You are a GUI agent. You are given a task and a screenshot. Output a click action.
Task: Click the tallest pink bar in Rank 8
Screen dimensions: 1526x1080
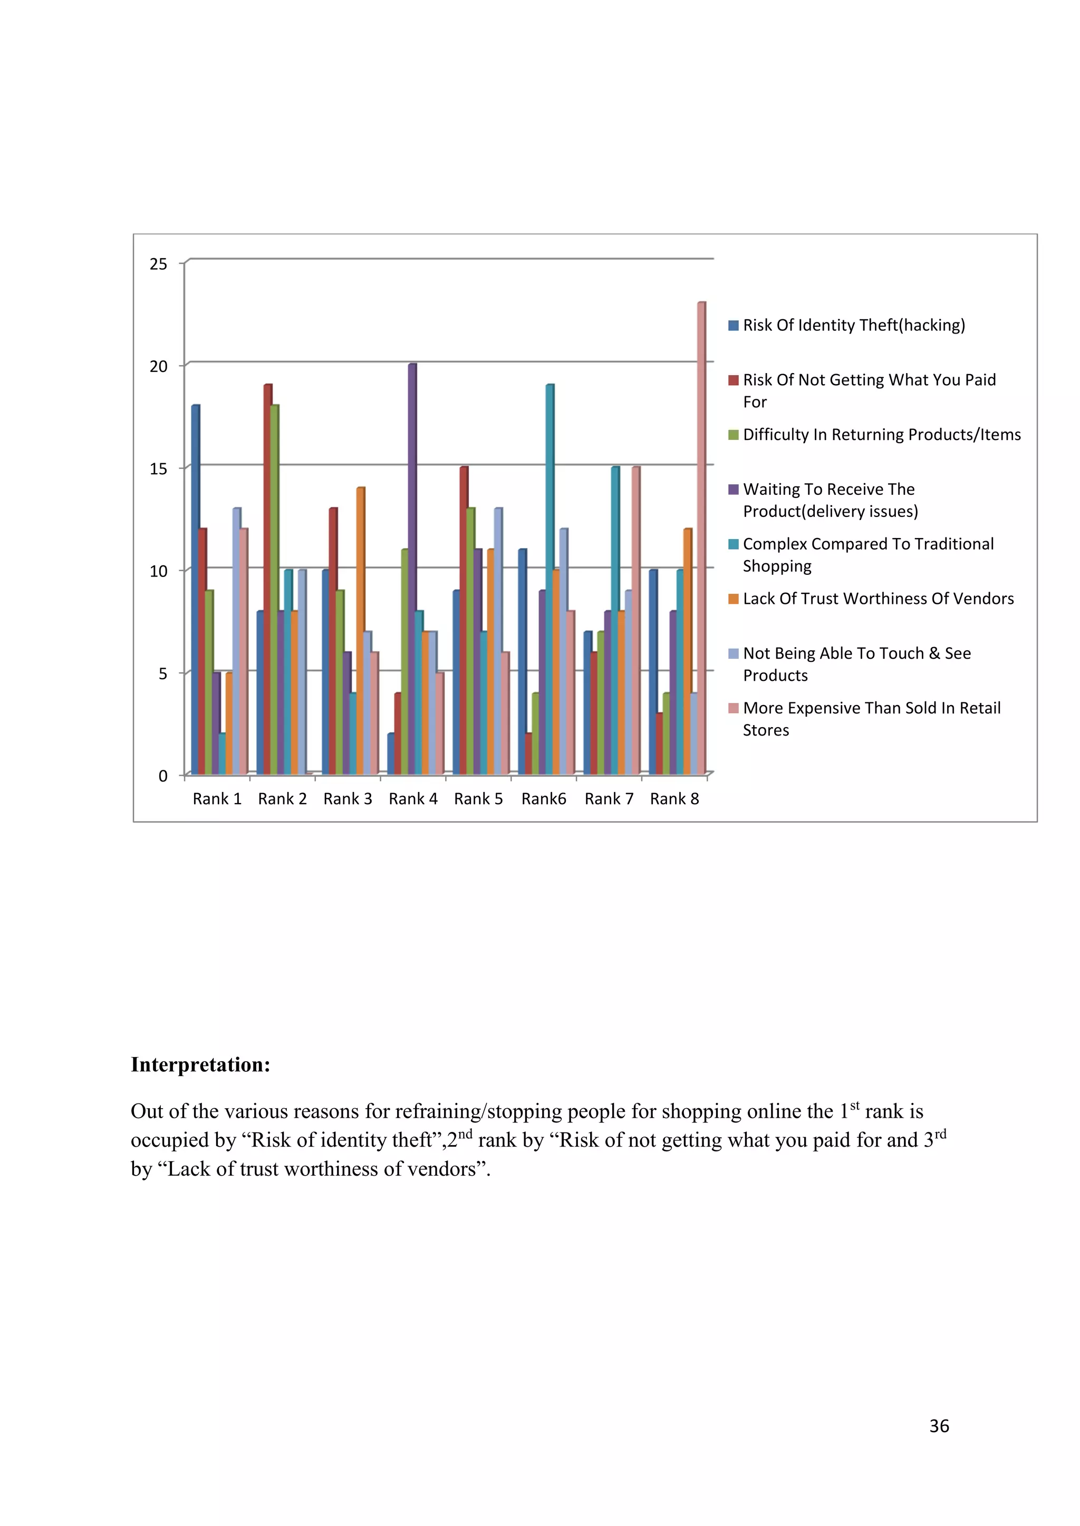click(x=701, y=539)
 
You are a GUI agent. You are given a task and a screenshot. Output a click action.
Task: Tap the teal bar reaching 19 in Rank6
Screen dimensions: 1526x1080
click(x=549, y=578)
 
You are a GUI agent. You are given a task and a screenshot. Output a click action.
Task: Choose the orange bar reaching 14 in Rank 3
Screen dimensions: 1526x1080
click(x=360, y=631)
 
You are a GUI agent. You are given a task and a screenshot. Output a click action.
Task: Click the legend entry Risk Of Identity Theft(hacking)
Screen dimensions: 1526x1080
click(x=853, y=325)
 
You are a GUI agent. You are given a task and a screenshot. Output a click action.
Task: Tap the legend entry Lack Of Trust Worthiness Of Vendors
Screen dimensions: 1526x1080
click(x=878, y=599)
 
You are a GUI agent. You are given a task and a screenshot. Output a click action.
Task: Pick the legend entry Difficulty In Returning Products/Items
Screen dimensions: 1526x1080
click(x=881, y=435)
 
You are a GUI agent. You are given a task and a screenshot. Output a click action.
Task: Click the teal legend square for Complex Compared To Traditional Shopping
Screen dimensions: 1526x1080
click(x=734, y=544)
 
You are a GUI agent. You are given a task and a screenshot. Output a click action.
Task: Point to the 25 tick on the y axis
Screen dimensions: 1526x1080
click(x=158, y=265)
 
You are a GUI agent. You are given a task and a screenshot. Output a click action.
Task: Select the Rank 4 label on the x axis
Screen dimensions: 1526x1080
click(x=413, y=799)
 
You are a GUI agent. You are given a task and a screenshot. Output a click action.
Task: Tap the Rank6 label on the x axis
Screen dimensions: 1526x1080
click(x=543, y=799)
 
